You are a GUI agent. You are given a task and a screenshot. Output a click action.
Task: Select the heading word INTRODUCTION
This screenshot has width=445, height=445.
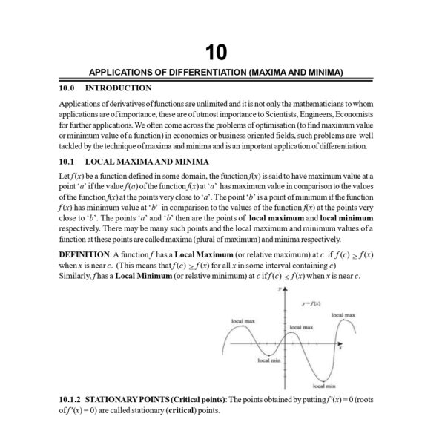click(119, 88)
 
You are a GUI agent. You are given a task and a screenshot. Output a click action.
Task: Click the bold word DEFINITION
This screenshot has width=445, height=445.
click(86, 254)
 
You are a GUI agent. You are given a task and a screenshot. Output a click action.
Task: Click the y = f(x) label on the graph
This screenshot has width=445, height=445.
click(311, 304)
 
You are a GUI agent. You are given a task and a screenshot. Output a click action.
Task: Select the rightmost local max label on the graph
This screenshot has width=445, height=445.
click(342, 315)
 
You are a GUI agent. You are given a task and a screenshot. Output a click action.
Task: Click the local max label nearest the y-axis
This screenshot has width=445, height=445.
click(300, 326)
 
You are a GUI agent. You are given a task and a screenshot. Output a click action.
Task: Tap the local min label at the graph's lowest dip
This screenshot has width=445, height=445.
click(324, 386)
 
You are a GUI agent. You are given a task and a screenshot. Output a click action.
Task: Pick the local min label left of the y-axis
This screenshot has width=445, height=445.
click(268, 360)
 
